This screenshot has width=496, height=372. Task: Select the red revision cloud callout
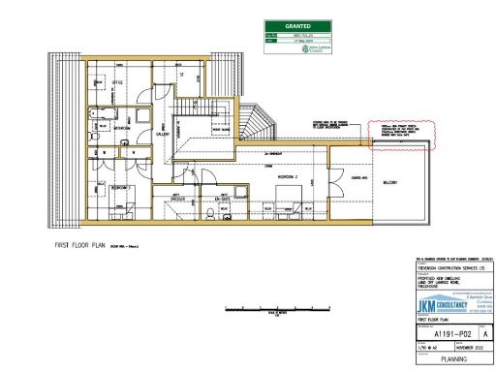click(401, 134)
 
